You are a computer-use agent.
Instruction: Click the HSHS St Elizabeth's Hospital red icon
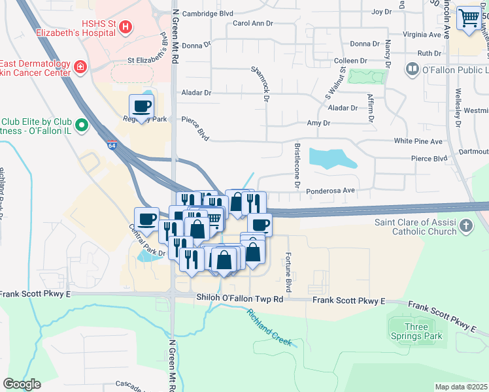(126, 27)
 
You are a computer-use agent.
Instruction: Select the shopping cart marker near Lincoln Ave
(468, 19)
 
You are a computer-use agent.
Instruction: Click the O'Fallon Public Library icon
(413, 69)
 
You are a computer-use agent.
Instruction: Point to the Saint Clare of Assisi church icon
(465, 226)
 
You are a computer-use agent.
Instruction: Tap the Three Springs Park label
(416, 331)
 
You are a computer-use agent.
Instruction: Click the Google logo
(22, 384)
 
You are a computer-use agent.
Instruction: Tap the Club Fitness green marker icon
(82, 124)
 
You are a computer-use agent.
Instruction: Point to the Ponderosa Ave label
(331, 191)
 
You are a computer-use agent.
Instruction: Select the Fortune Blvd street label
(288, 272)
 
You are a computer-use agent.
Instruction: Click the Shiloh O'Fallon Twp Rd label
(240, 298)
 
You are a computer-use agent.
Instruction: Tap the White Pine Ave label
(418, 141)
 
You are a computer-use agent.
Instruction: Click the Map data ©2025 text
(461, 387)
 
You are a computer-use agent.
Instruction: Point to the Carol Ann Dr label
(252, 24)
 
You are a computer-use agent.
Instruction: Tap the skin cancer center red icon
(80, 67)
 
